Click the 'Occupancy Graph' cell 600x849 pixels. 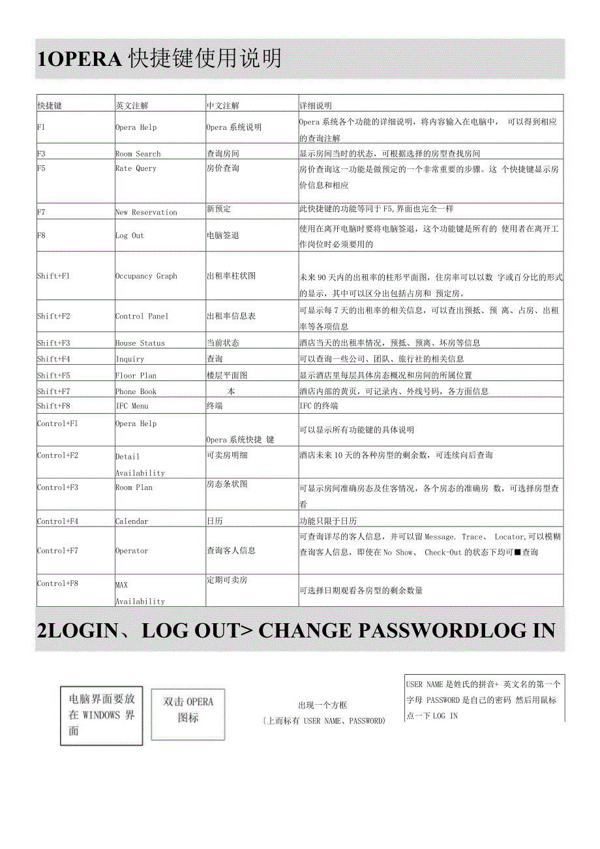click(x=146, y=276)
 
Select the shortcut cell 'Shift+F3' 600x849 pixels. click(x=53, y=343)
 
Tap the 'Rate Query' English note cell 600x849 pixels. click(x=136, y=168)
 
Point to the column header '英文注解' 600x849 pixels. click(x=131, y=105)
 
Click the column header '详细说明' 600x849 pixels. click(x=315, y=105)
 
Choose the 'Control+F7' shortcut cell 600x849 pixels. click(x=57, y=551)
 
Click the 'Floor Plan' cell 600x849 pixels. click(x=136, y=375)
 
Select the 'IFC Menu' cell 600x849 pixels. click(x=132, y=406)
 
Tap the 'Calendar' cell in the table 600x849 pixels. click(x=132, y=521)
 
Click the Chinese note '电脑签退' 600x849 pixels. click(x=222, y=235)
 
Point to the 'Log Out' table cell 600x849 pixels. click(x=129, y=236)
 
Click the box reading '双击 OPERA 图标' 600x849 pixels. click(x=188, y=710)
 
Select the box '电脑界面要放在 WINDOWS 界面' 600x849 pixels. click(x=101, y=715)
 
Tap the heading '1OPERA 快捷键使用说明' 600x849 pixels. click(x=160, y=59)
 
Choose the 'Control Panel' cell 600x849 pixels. click(x=142, y=316)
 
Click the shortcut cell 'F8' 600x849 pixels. click(x=41, y=236)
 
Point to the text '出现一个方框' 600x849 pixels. click(x=322, y=705)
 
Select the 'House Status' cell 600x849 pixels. click(x=140, y=343)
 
